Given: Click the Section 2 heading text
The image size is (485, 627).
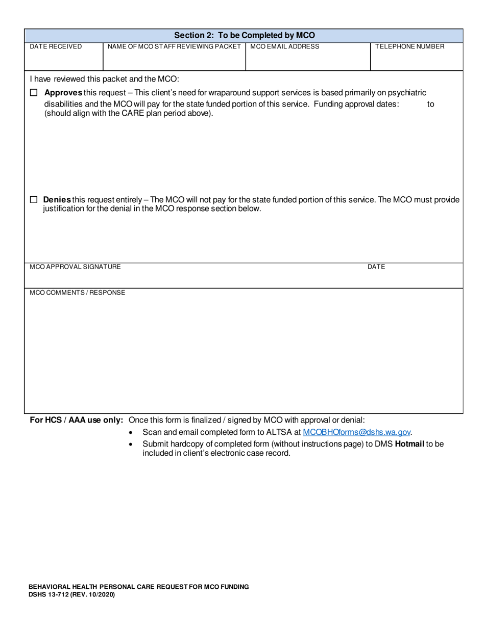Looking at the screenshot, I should coord(245,35).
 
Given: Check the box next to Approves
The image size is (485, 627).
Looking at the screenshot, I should coord(34,93).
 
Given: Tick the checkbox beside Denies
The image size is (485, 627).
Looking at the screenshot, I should coord(34,200).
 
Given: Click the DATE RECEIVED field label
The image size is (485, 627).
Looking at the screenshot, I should coord(56,46).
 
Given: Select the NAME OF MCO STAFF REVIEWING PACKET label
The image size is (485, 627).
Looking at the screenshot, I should coord(174,46).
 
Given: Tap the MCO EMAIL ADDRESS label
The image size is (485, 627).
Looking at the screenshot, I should coord(284,46).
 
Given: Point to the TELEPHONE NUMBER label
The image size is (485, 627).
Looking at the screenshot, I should coord(409,46).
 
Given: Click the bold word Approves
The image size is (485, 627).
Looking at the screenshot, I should coord(64,93).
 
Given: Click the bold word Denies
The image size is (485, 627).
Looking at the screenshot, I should coord(57,200).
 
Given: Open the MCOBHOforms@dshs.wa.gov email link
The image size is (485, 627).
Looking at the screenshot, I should coord(356,432).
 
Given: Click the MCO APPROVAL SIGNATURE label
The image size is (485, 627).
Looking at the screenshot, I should coord(75,267).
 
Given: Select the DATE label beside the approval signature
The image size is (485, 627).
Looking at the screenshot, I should coord(376,267).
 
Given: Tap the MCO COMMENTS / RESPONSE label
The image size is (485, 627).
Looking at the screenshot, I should coord(77,293).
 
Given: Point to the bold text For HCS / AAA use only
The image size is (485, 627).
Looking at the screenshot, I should coord(77,420).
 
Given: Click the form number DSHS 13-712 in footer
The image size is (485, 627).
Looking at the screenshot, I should coord(71,595).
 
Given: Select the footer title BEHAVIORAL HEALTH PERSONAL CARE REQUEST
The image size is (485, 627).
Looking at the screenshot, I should coord(139,587).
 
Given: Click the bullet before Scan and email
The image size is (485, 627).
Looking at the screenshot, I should coord(132,433).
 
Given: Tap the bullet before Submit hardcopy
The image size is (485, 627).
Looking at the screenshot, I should coord(132,445).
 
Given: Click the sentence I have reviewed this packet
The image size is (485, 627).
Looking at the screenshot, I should coord(105,79).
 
